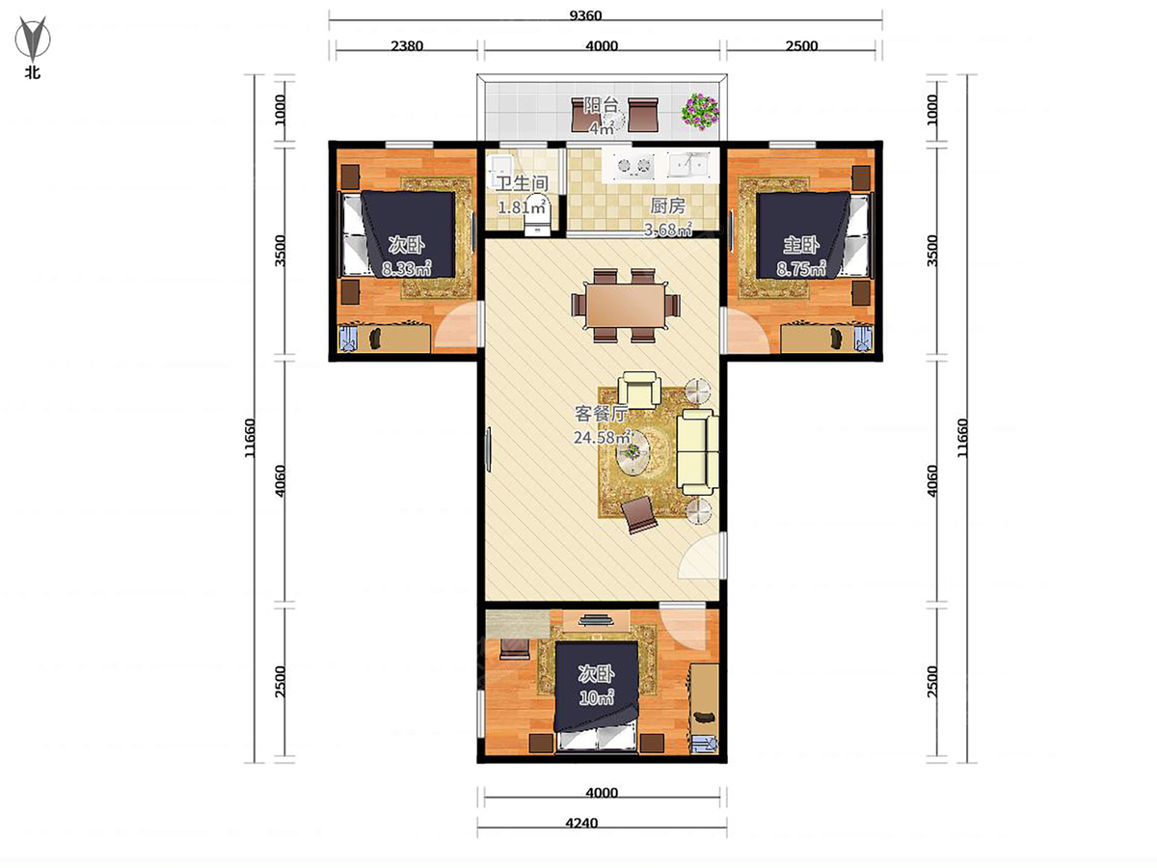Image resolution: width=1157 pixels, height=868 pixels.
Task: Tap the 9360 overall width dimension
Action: (x=585, y=15)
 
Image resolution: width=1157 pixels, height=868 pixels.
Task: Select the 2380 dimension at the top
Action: (x=407, y=46)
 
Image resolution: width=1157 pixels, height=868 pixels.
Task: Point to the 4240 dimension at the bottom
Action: (x=581, y=823)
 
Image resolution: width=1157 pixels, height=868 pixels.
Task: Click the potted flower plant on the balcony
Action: (x=700, y=110)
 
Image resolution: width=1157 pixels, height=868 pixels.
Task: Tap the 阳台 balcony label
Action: (x=601, y=104)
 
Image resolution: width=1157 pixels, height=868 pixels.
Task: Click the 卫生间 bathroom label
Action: (x=523, y=183)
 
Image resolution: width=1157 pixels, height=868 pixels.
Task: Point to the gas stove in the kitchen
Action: (x=633, y=165)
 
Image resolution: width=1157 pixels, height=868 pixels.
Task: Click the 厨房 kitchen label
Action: (x=667, y=205)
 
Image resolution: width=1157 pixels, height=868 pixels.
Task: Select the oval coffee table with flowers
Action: (x=632, y=452)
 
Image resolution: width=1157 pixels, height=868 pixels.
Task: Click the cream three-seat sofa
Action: (x=697, y=451)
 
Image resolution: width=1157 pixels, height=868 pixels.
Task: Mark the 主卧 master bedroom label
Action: (x=800, y=245)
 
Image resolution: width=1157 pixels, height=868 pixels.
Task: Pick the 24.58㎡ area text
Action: (x=602, y=437)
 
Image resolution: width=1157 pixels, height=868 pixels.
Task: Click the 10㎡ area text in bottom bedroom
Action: (x=596, y=697)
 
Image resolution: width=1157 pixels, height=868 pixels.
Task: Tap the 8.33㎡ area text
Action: (x=407, y=269)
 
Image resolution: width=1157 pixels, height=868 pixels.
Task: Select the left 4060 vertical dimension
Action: (x=280, y=480)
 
